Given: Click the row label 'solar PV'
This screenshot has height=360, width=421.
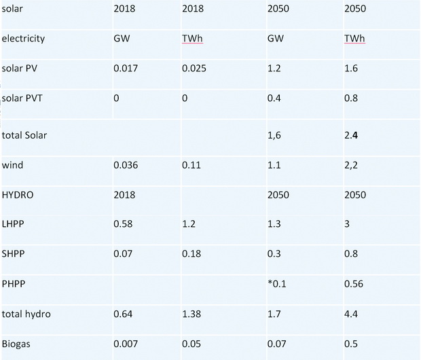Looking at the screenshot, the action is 19,68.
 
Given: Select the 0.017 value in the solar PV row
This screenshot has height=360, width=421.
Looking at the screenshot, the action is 126,68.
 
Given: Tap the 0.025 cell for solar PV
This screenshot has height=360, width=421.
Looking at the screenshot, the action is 194,68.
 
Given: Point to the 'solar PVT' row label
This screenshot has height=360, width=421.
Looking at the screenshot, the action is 22,98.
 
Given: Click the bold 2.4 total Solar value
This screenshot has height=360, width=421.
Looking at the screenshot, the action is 351,135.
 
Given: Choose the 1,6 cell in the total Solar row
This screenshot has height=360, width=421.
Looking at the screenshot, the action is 274,135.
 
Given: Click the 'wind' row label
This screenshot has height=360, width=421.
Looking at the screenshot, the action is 12,164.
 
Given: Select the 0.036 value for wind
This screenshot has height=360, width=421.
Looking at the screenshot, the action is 126,165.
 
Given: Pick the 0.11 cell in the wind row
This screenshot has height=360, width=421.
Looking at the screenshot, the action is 191,165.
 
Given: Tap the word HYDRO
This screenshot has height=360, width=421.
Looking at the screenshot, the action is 18,195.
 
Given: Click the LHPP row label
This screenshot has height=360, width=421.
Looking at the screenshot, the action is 13,223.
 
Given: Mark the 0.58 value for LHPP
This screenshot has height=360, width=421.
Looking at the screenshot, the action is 123,223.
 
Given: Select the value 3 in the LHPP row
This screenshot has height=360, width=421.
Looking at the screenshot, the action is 347,223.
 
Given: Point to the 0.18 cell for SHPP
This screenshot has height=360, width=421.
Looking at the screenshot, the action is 191,253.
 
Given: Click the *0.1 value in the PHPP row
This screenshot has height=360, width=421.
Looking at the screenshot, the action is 277,284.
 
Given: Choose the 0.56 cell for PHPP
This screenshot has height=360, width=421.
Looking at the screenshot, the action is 354,284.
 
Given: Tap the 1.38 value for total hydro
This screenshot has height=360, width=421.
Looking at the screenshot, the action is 191,314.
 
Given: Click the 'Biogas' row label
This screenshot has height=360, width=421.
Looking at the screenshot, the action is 16,344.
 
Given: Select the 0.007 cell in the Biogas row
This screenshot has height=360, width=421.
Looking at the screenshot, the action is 126,344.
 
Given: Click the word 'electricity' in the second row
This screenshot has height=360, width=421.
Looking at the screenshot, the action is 23,39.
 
